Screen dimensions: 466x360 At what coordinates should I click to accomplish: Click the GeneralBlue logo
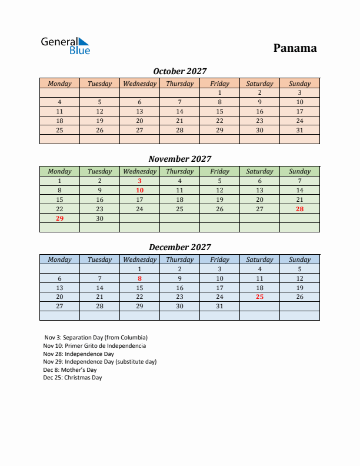pos(65,46)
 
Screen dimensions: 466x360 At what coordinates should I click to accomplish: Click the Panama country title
pos(295,48)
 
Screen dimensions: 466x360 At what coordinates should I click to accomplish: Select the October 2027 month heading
pos(179,71)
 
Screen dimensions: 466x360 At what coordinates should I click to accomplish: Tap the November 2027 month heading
pos(179,159)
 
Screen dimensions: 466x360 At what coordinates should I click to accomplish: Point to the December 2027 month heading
pos(179,247)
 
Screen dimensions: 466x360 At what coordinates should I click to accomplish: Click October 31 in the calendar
pos(299,130)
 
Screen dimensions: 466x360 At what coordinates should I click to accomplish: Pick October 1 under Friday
pos(219,92)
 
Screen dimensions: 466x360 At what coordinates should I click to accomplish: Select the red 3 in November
pos(139,181)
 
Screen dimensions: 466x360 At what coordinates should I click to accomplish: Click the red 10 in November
pos(139,190)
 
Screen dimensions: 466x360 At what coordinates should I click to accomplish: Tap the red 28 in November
pos(299,209)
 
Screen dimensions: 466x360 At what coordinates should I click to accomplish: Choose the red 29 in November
pos(59,218)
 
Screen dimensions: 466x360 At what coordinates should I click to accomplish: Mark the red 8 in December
pos(139,278)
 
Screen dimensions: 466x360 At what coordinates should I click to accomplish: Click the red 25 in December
pos(259,297)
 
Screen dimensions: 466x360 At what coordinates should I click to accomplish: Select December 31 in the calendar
pos(219,307)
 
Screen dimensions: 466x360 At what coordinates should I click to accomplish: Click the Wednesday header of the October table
pos(139,84)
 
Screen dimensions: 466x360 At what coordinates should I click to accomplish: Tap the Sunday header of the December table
pos(299,259)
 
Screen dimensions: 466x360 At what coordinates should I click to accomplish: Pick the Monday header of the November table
pos(59,171)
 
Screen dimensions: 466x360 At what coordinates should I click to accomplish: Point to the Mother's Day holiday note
pos(69,370)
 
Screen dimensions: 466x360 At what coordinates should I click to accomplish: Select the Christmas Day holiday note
pos(72,378)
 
